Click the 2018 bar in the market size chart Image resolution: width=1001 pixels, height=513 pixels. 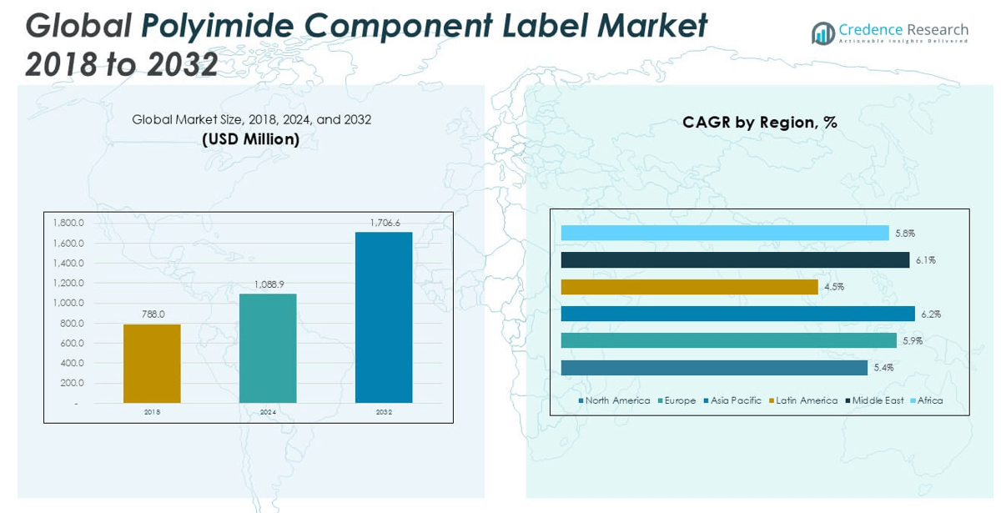click(152, 364)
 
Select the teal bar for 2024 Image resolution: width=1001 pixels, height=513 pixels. click(268, 349)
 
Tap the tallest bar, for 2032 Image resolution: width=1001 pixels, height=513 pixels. click(384, 317)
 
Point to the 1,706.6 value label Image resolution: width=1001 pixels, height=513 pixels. click(384, 223)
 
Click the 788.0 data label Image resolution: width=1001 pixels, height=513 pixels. click(152, 314)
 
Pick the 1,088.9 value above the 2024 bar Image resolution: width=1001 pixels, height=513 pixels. click(268, 284)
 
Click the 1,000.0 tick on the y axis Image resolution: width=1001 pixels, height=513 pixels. click(68, 303)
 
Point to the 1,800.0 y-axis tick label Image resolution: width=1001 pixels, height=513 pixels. click(68, 223)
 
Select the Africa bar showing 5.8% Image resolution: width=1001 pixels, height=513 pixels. click(724, 233)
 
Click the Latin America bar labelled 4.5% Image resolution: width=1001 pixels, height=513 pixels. click(689, 287)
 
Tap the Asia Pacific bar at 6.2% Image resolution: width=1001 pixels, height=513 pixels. click(737, 314)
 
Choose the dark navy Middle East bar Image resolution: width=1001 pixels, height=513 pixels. click(734, 260)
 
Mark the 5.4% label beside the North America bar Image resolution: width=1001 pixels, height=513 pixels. click(883, 368)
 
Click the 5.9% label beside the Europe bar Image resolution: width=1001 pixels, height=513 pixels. click(913, 340)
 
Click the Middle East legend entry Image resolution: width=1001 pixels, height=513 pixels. click(877, 400)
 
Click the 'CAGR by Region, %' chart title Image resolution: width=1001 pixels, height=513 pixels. click(759, 123)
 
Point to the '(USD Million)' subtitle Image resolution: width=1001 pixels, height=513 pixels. click(251, 139)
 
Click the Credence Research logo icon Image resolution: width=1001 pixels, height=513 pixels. click(823, 33)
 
